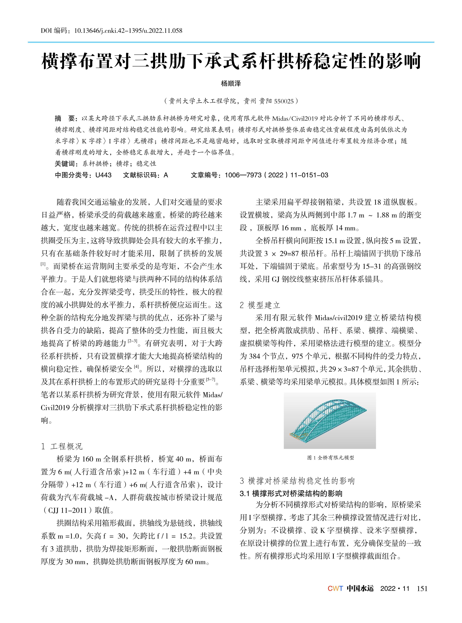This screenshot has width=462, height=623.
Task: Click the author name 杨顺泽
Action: coord(231,83)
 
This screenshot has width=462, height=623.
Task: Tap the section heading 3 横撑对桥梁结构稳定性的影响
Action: coord(297,481)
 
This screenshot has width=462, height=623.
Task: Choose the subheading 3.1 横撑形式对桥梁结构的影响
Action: coord(291,493)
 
